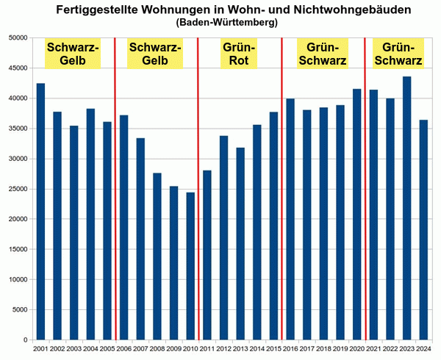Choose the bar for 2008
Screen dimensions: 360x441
coord(157,256)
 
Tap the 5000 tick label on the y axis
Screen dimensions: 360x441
coord(18,310)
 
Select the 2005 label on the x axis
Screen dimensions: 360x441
coord(107,348)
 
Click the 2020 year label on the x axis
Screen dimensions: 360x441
coord(356,348)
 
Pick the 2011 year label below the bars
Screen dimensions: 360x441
coord(207,348)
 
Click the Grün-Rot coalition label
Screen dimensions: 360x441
coord(238,54)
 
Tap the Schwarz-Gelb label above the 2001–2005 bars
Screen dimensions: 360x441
coord(72,54)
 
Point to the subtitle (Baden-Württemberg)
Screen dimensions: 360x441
coord(227,23)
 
